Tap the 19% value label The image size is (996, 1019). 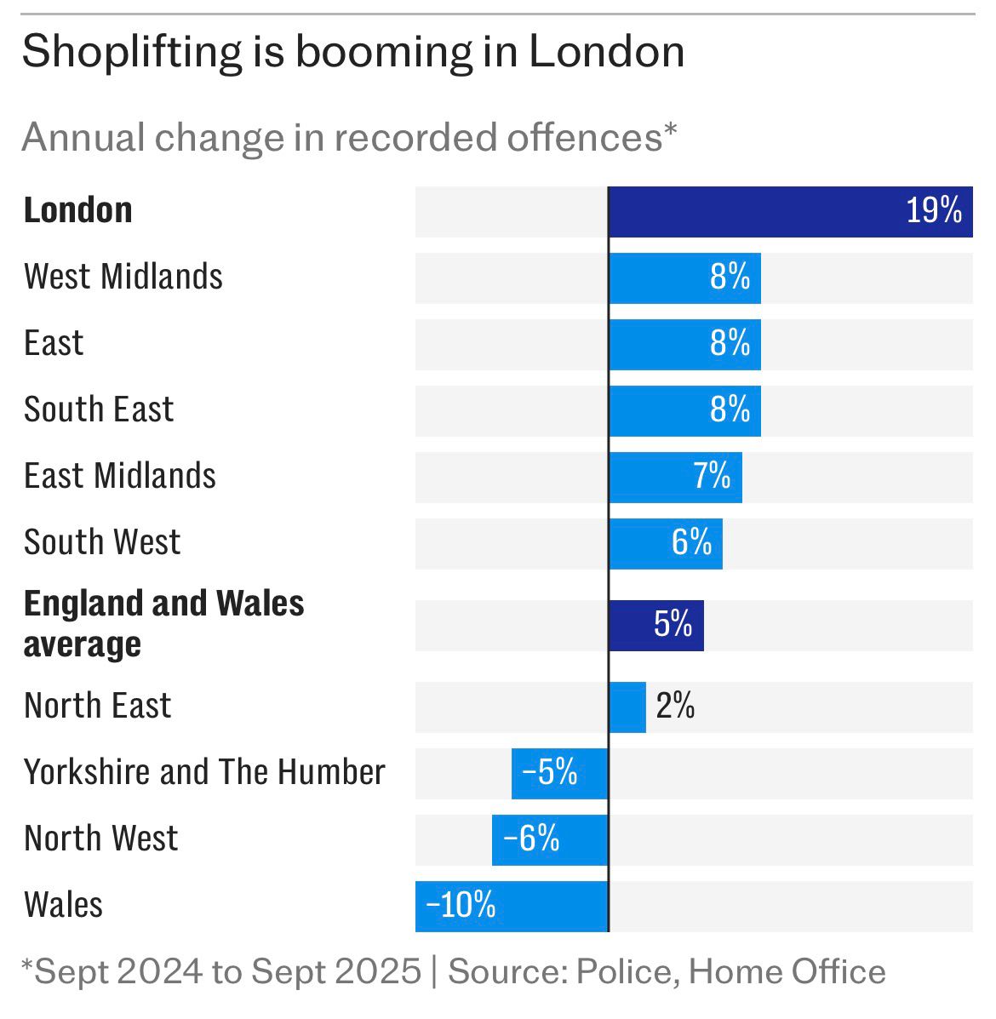(x=933, y=210)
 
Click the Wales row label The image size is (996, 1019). (x=63, y=905)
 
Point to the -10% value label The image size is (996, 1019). (x=461, y=905)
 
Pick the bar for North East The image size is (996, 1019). (x=627, y=707)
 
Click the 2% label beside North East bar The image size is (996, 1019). (x=675, y=707)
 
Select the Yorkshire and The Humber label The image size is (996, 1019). (x=204, y=772)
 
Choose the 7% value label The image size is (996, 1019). (x=712, y=476)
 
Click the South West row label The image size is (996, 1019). (x=102, y=542)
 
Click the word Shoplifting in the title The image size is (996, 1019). (x=131, y=53)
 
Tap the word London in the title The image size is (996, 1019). (x=606, y=53)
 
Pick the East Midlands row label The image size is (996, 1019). (x=119, y=476)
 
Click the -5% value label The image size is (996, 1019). (x=549, y=773)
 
